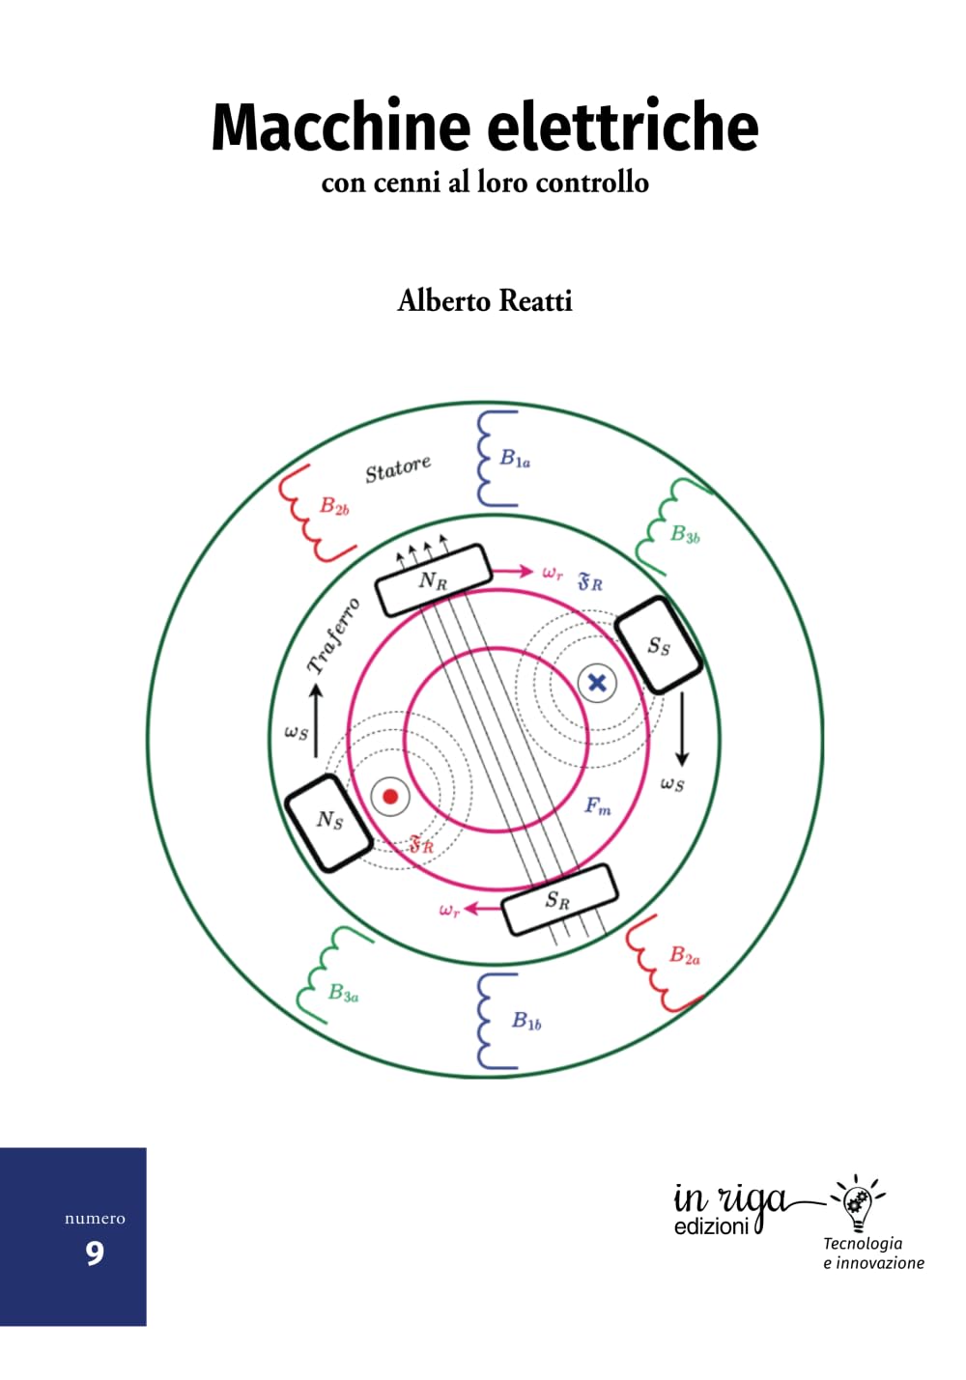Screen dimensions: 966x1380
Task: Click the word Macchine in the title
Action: (341, 127)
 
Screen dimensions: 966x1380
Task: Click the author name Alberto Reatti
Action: (485, 301)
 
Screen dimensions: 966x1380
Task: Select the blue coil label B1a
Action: (515, 459)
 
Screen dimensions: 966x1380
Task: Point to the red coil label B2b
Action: (334, 506)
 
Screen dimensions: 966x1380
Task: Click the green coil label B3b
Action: (685, 533)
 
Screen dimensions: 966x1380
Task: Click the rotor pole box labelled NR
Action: (434, 579)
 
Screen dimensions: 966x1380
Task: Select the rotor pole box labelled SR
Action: (559, 900)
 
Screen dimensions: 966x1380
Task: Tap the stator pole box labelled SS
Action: (659, 645)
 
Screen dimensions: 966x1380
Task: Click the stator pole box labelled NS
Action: (329, 822)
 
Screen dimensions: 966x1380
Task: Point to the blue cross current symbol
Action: (597, 683)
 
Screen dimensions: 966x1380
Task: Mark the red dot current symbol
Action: (390, 797)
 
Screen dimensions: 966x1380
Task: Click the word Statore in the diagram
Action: (398, 469)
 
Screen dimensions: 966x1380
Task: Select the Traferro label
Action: (332, 635)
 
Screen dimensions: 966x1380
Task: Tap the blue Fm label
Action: (598, 805)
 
